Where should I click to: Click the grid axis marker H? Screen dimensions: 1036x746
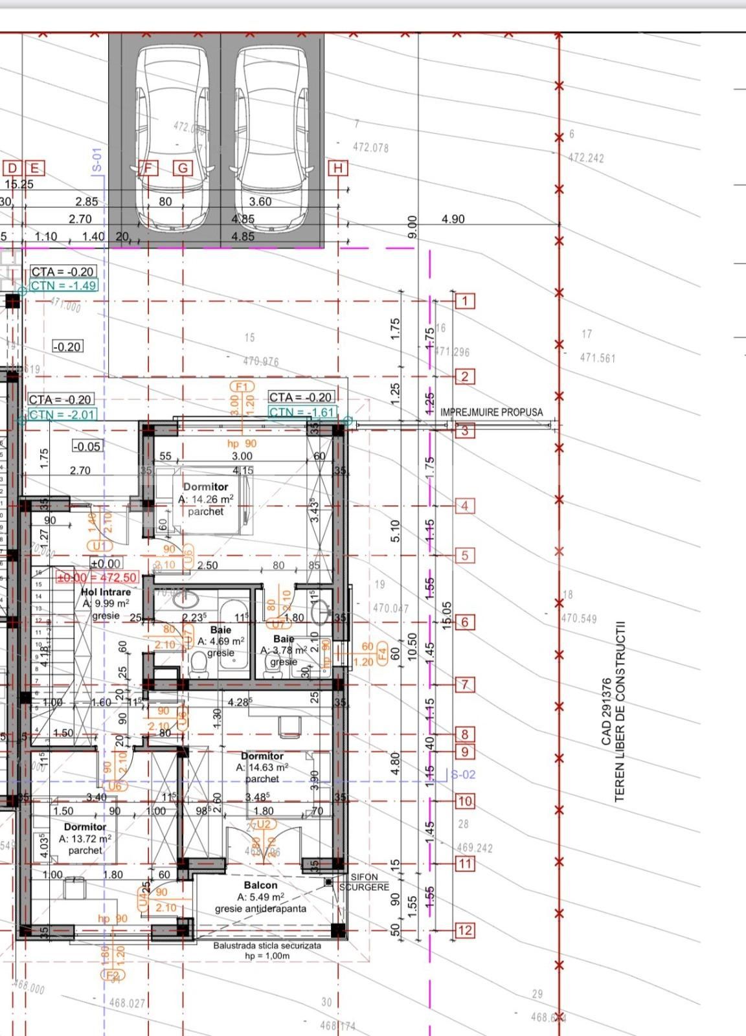338,168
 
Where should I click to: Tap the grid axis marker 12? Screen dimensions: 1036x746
465,930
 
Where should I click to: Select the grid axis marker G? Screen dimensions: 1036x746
183,168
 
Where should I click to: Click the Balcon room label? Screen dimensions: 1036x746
260,885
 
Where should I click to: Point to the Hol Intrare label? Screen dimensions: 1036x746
106,592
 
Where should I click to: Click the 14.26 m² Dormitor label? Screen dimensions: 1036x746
205,487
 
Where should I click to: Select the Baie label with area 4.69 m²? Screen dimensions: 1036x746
221,629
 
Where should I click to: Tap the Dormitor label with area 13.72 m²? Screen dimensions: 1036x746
85,827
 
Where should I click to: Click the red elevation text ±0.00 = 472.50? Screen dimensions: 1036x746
97,578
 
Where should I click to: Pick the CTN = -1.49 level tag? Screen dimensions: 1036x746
63,286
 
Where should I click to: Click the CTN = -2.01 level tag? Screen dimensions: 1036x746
62,414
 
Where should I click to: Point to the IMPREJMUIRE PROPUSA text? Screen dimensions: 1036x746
492,412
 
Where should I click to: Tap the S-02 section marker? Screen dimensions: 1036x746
463,774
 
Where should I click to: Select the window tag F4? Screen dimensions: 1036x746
381,652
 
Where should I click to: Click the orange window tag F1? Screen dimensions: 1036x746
242,387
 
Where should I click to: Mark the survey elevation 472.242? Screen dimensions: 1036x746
585,158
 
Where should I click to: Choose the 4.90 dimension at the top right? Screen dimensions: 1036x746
453,219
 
